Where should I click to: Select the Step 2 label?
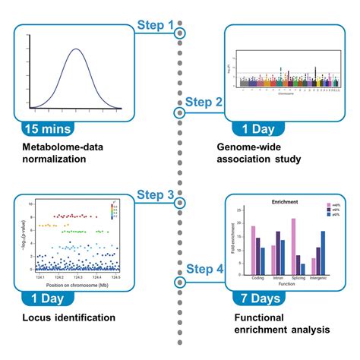(204, 102)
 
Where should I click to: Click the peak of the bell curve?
(75, 50)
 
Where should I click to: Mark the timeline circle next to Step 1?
(180, 33)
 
